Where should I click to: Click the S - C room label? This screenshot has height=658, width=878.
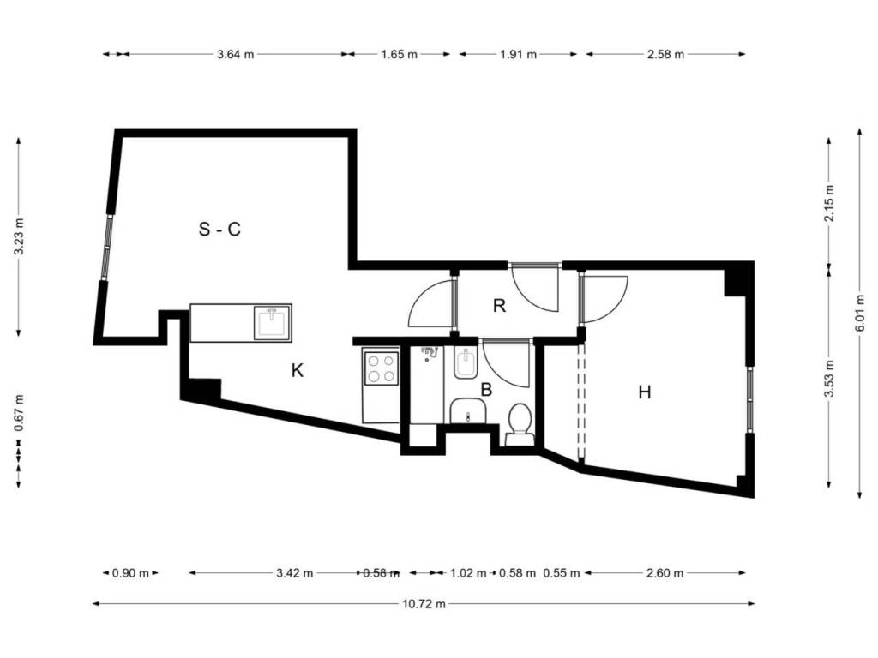point(219,229)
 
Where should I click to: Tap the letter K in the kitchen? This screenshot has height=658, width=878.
point(298,370)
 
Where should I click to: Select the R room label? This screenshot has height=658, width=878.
point(500,306)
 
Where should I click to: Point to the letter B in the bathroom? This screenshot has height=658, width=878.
point(487,390)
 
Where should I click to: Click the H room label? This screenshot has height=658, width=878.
point(645,392)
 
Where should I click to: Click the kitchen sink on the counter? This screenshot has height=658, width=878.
point(272,323)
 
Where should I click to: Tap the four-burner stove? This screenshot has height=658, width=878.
point(381,368)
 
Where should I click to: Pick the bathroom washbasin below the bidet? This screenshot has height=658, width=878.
point(468,411)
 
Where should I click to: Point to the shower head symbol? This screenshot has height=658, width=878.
point(429,353)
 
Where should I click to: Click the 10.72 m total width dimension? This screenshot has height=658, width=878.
point(424,604)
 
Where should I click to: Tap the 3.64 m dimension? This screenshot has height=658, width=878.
point(235,54)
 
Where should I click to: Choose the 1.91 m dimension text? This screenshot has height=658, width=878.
point(518,54)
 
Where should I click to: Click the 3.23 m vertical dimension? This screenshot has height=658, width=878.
point(19,236)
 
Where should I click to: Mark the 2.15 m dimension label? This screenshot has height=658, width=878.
point(829,203)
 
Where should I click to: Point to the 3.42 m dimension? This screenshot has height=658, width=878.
point(295,573)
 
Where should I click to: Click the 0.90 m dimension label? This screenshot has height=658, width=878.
point(130,573)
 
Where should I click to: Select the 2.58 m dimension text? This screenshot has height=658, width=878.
point(665,54)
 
